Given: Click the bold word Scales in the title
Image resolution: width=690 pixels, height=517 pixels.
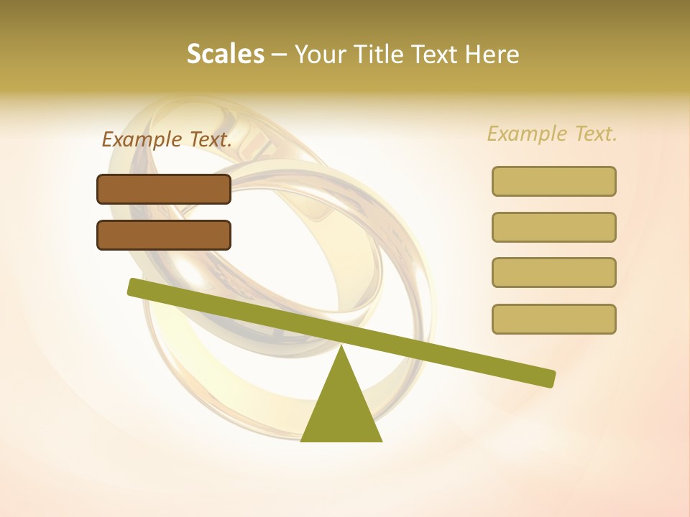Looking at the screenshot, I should [x=225, y=54].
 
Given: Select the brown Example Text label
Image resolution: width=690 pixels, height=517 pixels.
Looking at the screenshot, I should [x=167, y=139].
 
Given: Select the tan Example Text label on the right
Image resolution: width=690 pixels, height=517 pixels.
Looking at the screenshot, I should [x=552, y=134].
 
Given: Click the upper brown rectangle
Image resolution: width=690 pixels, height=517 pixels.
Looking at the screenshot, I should [x=164, y=189].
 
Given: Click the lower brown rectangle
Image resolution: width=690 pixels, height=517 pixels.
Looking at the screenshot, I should [x=164, y=235].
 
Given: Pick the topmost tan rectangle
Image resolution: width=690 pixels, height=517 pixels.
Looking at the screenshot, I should [x=553, y=181].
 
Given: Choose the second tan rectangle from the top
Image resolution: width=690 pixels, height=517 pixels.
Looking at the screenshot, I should [x=553, y=227].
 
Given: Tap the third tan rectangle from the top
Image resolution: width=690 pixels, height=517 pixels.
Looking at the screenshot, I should [x=553, y=272].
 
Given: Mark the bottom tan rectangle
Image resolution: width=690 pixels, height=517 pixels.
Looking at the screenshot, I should [x=553, y=319].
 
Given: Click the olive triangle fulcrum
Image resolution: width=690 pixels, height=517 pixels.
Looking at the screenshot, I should [x=341, y=409].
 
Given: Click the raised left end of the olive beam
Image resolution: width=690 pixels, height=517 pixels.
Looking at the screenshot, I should [x=137, y=288].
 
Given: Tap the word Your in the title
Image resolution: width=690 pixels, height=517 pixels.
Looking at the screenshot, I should [x=321, y=54].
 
